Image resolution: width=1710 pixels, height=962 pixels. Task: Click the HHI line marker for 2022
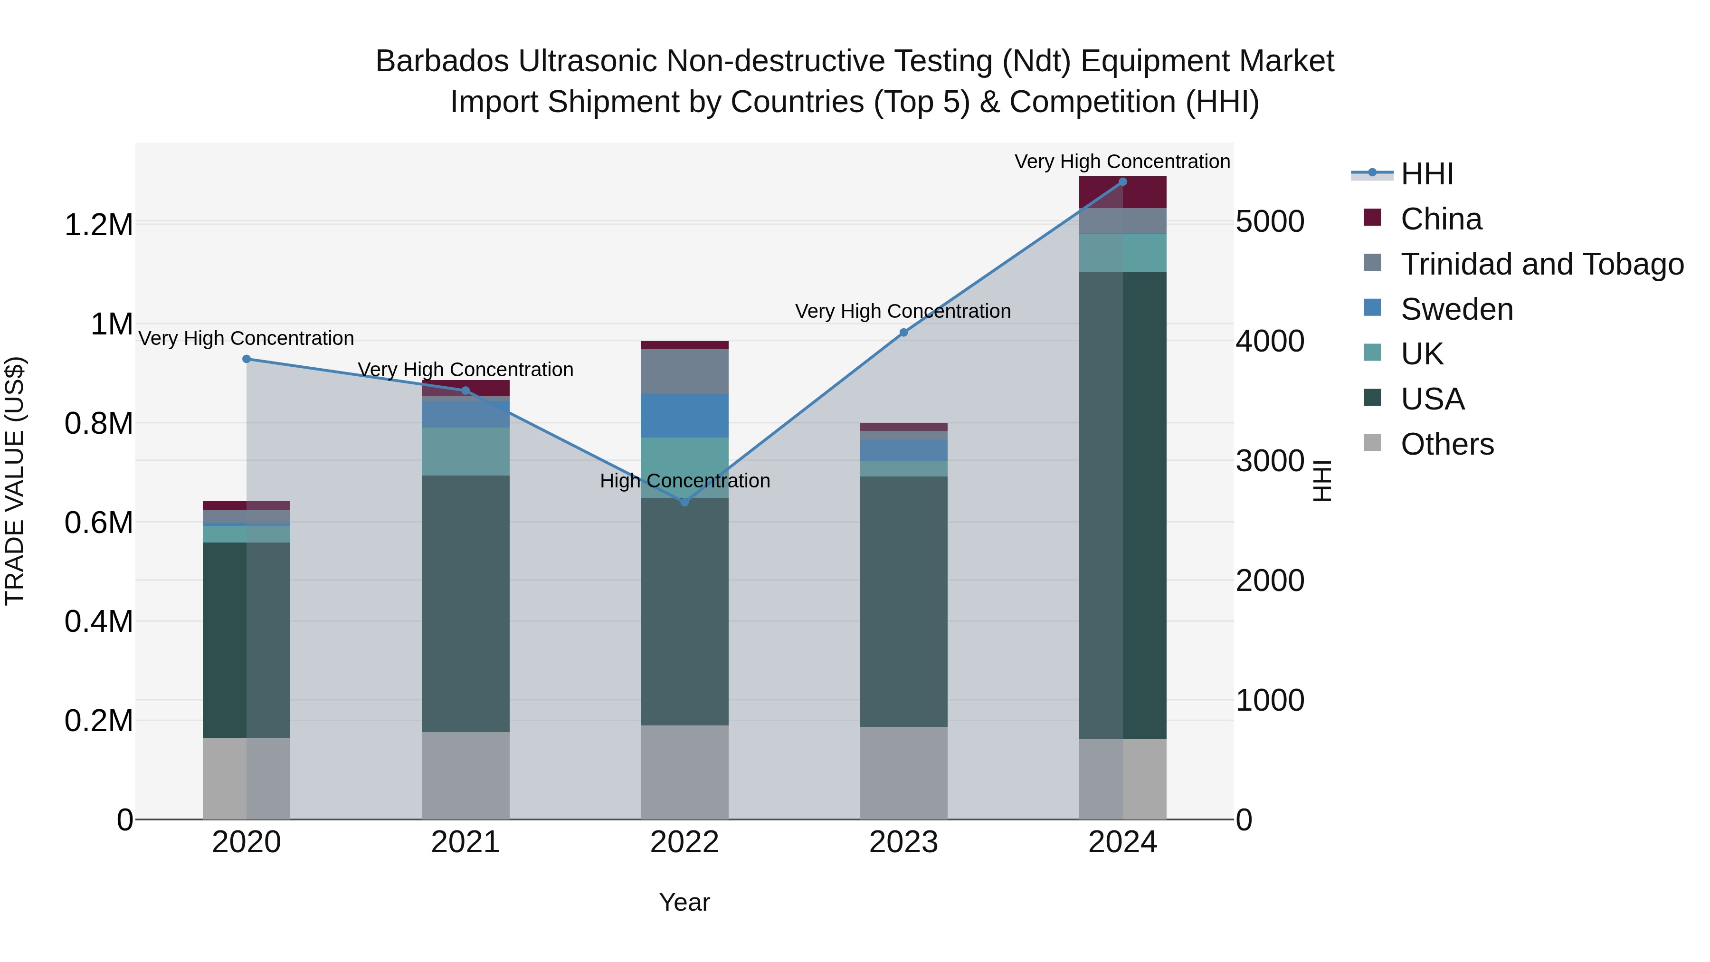684,502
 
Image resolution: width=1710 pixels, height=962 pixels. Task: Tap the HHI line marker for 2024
1122,181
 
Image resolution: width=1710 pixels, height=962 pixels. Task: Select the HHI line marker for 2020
246,359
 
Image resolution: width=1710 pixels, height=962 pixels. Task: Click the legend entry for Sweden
1456,309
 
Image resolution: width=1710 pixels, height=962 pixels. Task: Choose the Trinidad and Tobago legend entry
1541,264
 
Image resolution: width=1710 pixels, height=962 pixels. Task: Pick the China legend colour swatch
1372,218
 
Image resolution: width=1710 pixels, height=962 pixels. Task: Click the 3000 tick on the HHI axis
1270,461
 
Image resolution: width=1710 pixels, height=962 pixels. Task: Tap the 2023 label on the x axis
903,842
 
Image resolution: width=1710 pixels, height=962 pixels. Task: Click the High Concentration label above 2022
684,481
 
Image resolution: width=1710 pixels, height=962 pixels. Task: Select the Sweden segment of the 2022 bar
684,416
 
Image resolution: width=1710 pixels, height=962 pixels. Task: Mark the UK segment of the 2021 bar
465,451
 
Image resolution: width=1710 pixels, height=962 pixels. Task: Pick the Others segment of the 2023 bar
903,773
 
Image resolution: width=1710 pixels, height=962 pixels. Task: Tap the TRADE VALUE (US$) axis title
15,481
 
